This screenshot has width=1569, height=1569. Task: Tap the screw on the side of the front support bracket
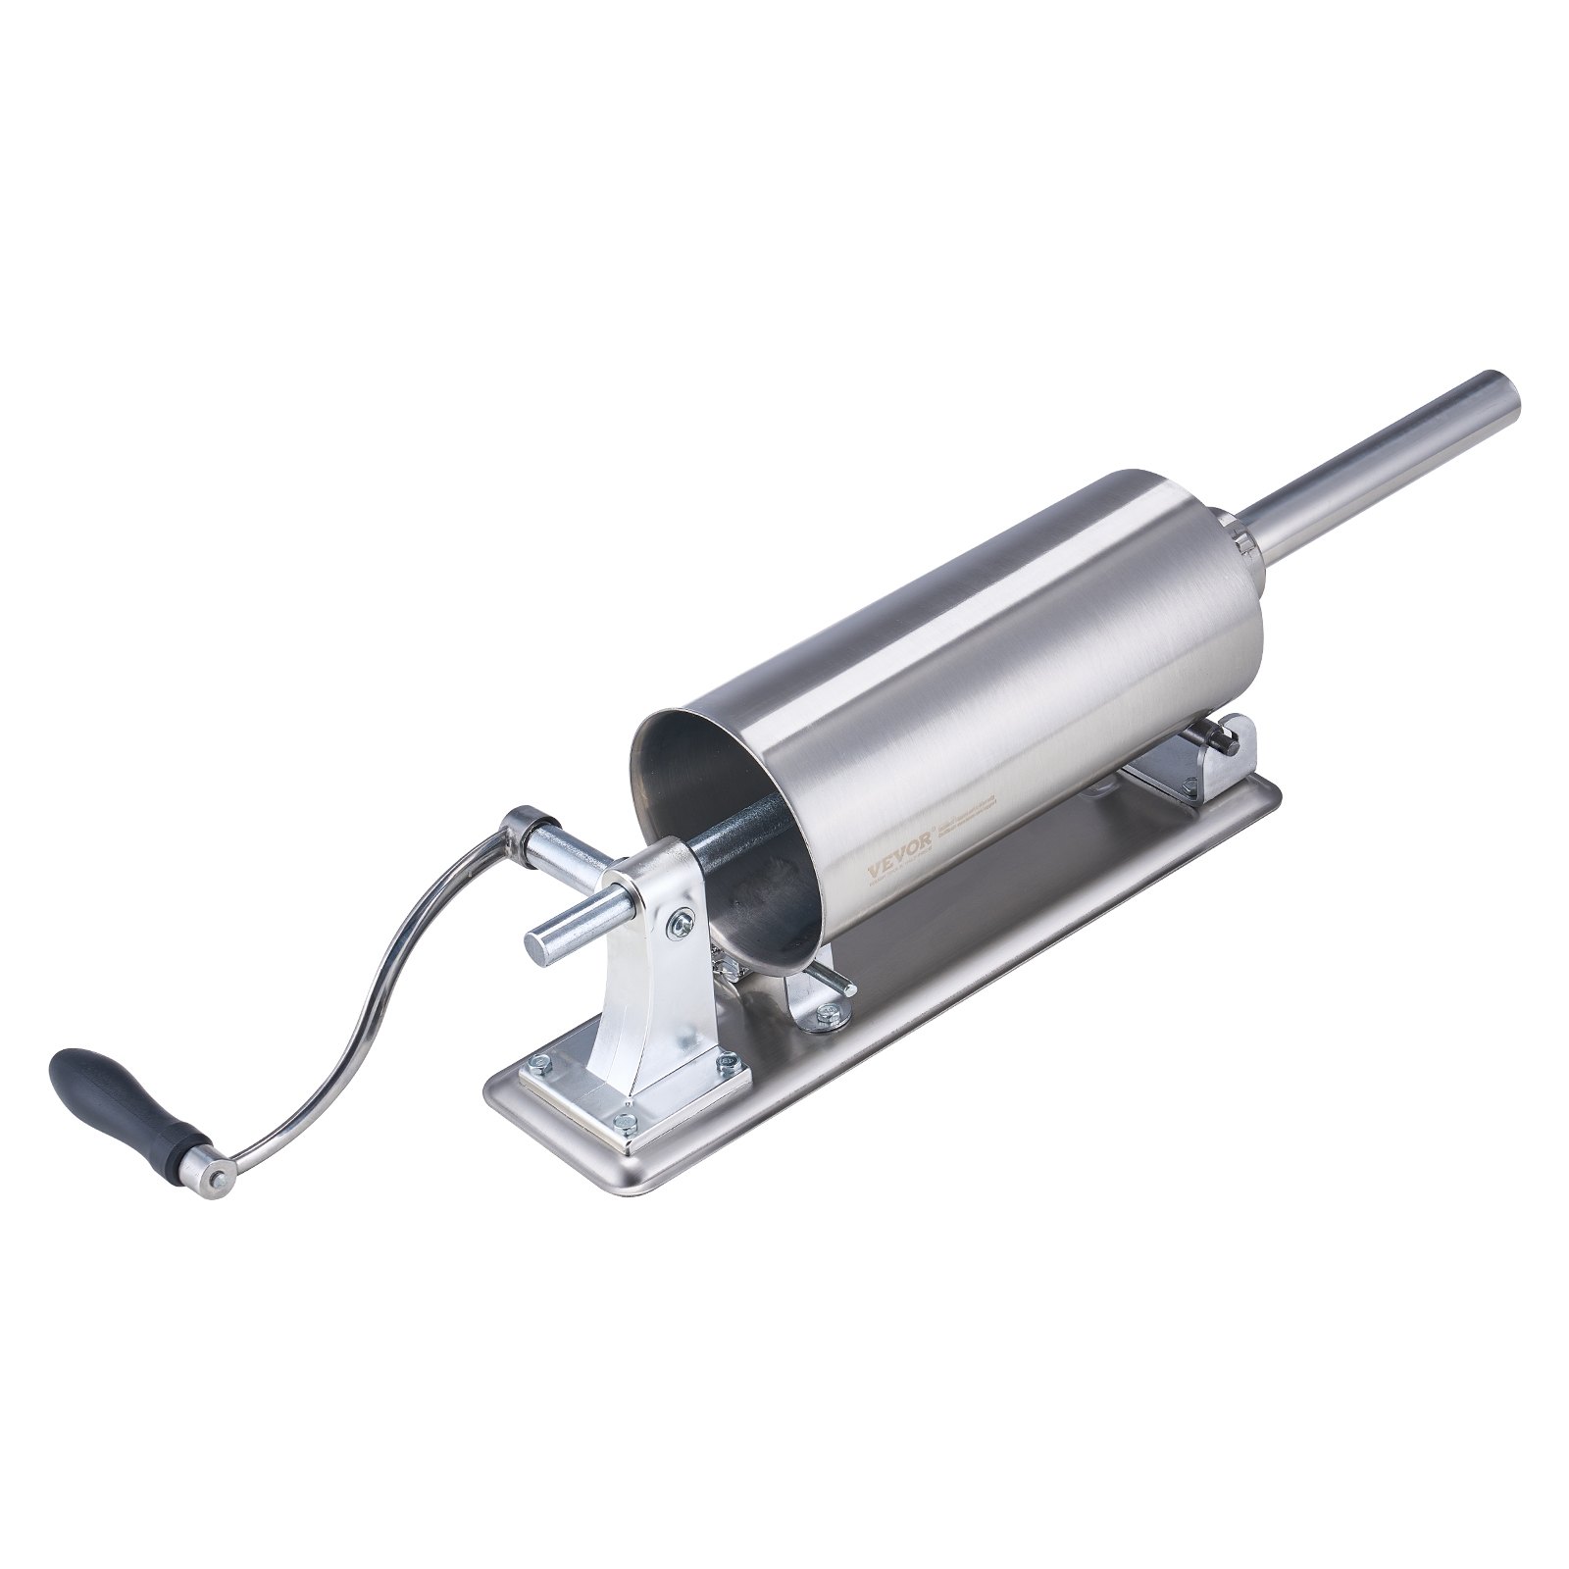click(681, 921)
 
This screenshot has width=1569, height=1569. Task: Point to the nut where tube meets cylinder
click(1238, 537)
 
